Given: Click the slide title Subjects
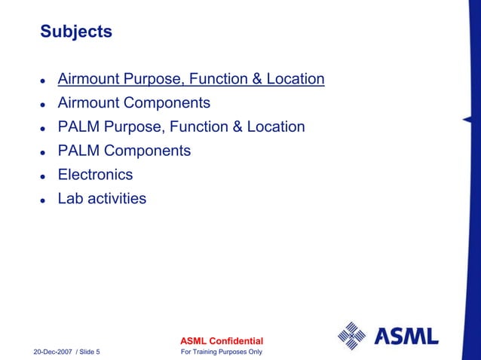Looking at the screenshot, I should point(75,32).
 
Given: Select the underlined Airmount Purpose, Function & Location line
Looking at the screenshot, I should point(191,78).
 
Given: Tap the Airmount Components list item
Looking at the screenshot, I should point(133,102).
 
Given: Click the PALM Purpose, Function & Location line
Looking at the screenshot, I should point(181,127).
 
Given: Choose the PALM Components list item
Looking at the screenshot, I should point(124,151).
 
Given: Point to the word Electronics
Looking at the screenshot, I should point(95,175).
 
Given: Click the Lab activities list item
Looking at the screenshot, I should point(102,199).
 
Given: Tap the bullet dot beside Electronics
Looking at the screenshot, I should point(44,176).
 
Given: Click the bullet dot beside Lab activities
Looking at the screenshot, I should point(44,200).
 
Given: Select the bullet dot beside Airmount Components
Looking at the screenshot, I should point(44,104).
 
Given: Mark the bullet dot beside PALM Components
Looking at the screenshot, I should point(44,152).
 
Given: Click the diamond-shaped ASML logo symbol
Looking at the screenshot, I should point(351,335).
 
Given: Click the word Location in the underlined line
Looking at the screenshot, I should point(296,78).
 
